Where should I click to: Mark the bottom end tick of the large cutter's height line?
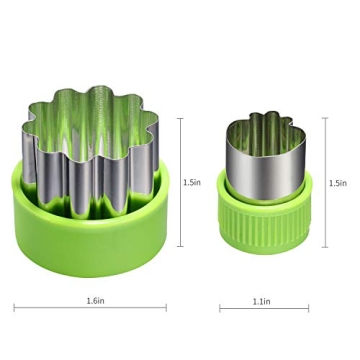[x=181, y=246]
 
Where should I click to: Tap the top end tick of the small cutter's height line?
[x=324, y=118]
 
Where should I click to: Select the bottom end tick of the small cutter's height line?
[x=324, y=246]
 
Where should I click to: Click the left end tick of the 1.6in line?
[x=14, y=307]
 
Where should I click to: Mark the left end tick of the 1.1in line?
[x=221, y=307]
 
